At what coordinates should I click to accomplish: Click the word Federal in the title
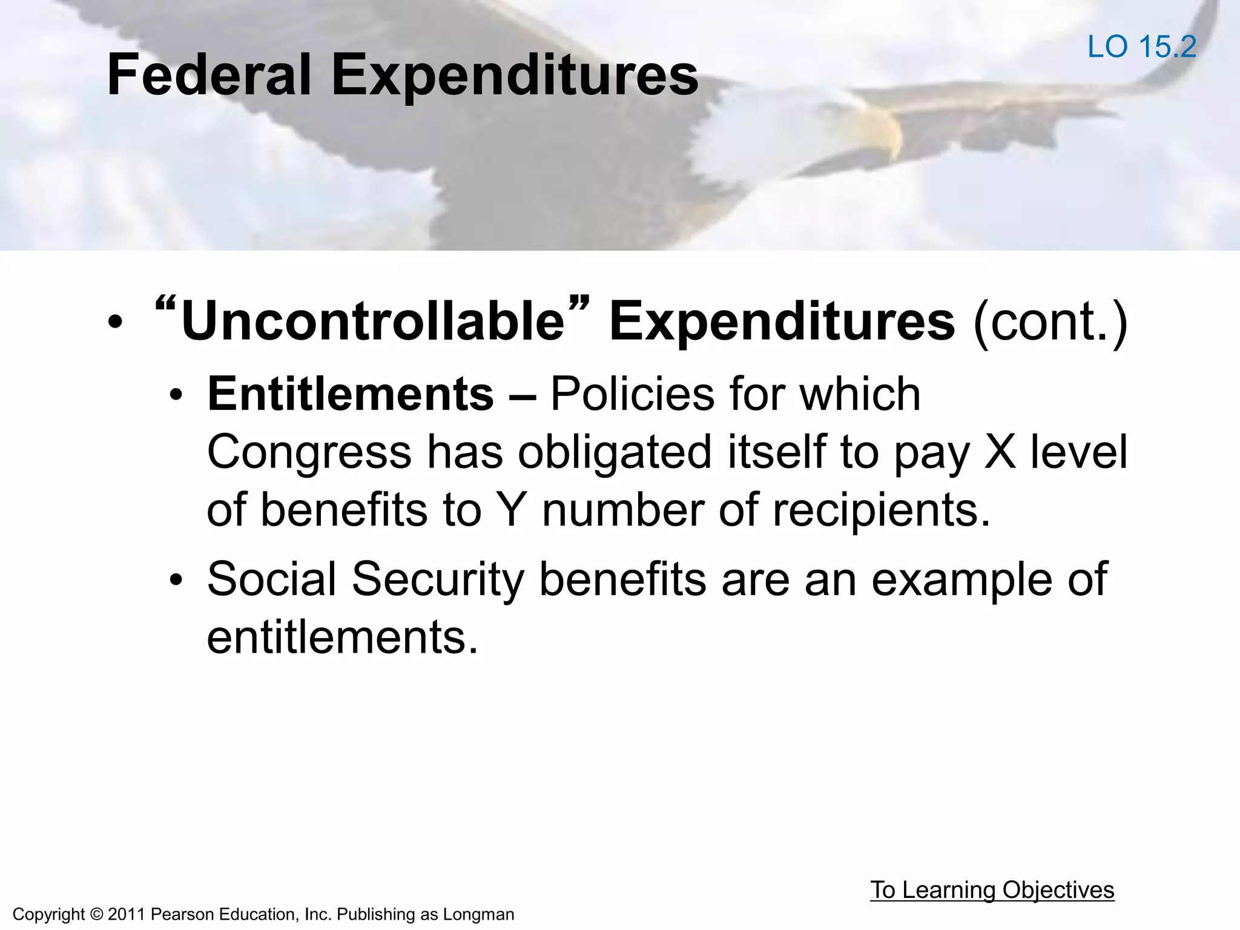[209, 75]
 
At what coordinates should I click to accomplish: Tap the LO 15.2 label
[1142, 47]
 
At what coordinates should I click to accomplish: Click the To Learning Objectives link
[992, 889]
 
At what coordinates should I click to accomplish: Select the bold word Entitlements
[351, 394]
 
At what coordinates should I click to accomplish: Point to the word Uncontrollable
[373, 322]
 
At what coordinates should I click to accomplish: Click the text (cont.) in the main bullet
[1050, 322]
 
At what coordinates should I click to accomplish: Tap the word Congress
[309, 452]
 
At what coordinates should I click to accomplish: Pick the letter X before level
[999, 452]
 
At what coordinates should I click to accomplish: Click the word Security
[437, 579]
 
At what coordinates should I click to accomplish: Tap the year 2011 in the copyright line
[127, 914]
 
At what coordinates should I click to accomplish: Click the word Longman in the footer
[478, 914]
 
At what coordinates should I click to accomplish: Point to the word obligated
[614, 452]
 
